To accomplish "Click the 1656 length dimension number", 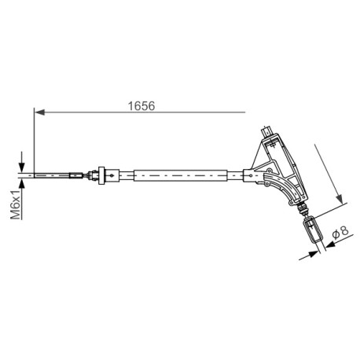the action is [141, 106].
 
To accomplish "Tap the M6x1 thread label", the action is [16, 205].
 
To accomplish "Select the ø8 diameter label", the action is [340, 232].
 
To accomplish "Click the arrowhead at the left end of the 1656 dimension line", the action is [40, 112].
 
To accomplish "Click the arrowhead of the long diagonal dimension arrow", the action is [340, 199].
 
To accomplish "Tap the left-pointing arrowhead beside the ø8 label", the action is [331, 244].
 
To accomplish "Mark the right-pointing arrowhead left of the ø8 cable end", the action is [314, 253].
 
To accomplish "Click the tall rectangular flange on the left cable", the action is [101, 175].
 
